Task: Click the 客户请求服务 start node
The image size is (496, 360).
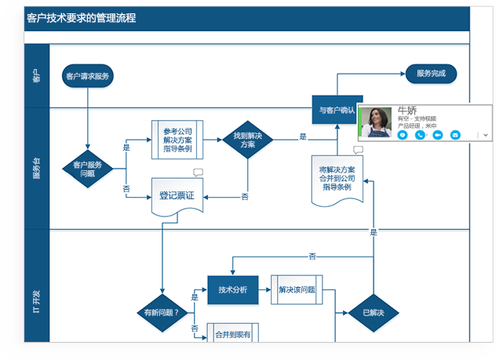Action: coord(88,77)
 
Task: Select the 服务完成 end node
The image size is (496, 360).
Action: coord(431,74)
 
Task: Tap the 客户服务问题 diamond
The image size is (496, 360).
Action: coord(88,169)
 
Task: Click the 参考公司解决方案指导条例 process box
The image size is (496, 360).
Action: coord(177,140)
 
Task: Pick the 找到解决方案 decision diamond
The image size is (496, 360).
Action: coord(247,140)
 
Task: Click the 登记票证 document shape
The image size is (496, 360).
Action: coord(177,197)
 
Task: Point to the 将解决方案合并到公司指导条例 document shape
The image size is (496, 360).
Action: coord(337,180)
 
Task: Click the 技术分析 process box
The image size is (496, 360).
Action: coord(232,289)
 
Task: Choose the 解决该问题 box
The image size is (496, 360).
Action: coord(297,289)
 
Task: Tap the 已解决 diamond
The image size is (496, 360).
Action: coord(374,313)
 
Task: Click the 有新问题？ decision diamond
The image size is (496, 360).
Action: coord(162,313)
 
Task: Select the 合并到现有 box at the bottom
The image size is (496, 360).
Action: coord(232,334)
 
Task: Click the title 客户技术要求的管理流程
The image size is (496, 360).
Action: coord(81,17)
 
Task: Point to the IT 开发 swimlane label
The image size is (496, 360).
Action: coord(36,302)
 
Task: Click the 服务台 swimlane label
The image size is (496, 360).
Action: coord(36,169)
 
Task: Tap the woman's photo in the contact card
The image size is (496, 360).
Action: coord(376,122)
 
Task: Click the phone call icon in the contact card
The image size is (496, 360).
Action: coord(420,135)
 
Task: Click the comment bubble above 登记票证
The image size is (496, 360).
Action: coord(198,173)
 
